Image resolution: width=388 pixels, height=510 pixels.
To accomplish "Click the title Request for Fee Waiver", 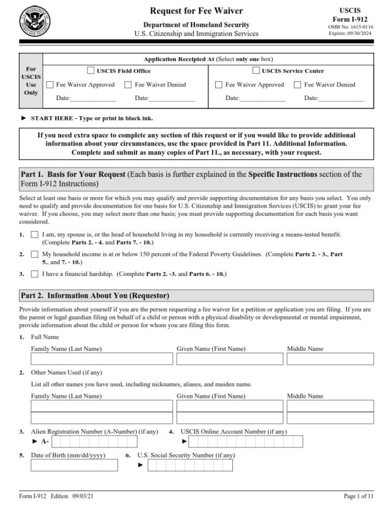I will pyautogui.click(x=196, y=11).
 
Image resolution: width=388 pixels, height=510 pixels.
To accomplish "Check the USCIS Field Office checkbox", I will pyautogui.click(x=91, y=71).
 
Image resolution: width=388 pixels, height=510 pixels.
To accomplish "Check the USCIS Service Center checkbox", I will pyautogui.click(x=256, y=71).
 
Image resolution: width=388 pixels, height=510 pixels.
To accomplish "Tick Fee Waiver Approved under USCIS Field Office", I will pyautogui.click(x=50, y=85).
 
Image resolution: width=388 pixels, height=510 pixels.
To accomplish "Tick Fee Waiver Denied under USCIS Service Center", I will pyautogui.click(x=298, y=85).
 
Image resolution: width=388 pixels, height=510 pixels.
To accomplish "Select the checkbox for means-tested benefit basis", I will pyautogui.click(x=34, y=235).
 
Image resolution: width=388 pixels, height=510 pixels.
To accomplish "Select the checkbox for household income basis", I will pyautogui.click(x=34, y=254).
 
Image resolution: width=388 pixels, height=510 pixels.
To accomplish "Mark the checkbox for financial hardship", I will pyautogui.click(x=34, y=274).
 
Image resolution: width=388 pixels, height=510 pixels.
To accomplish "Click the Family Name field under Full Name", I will pyautogui.click(x=101, y=359).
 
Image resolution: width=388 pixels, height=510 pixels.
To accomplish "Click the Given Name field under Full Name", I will pyautogui.click(x=229, y=359).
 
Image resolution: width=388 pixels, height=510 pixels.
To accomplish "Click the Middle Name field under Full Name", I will pyautogui.click(x=330, y=359).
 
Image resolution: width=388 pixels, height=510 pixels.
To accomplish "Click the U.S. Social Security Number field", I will pyautogui.click(x=190, y=465).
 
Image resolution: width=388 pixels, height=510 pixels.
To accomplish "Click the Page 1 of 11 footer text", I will pyautogui.click(x=359, y=497).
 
